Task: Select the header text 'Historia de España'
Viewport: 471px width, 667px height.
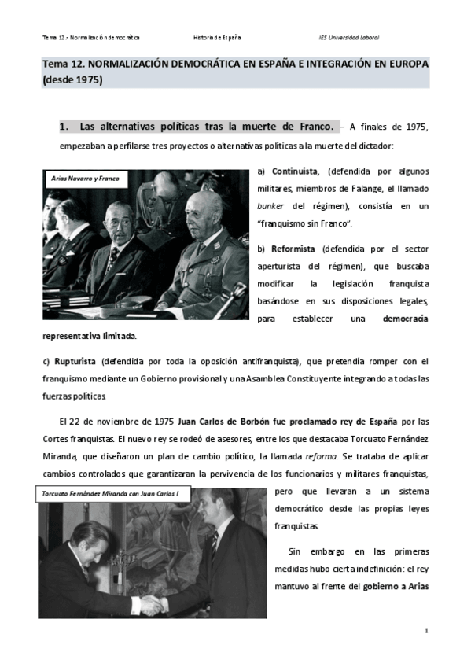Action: [x=217, y=37]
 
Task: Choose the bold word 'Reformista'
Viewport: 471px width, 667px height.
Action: [x=294, y=249]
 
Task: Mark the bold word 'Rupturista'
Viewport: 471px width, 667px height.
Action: [x=75, y=361]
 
